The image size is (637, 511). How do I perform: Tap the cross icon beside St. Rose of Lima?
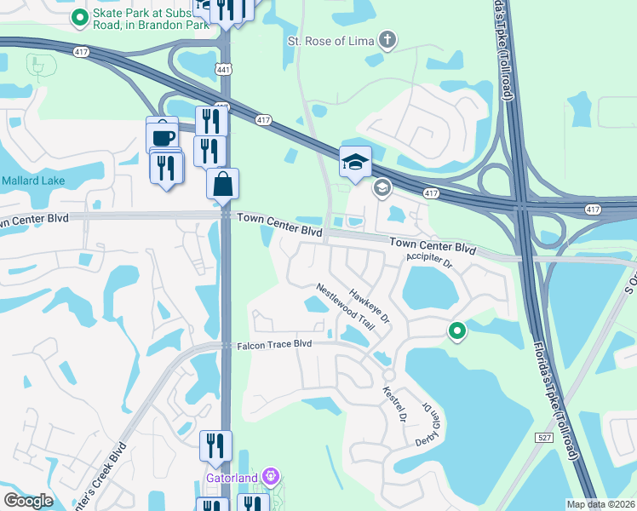tap(387, 39)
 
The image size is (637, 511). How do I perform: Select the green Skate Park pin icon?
tap(79, 16)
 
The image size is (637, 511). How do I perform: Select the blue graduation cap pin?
tap(355, 162)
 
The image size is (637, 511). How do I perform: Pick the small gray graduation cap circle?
tap(382, 188)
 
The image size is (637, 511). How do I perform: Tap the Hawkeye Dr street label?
tap(369, 304)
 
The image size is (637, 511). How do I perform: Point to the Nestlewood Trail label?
tap(345, 307)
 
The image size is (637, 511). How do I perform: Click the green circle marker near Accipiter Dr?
tap(457, 331)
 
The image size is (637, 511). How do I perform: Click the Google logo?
tap(27, 501)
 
